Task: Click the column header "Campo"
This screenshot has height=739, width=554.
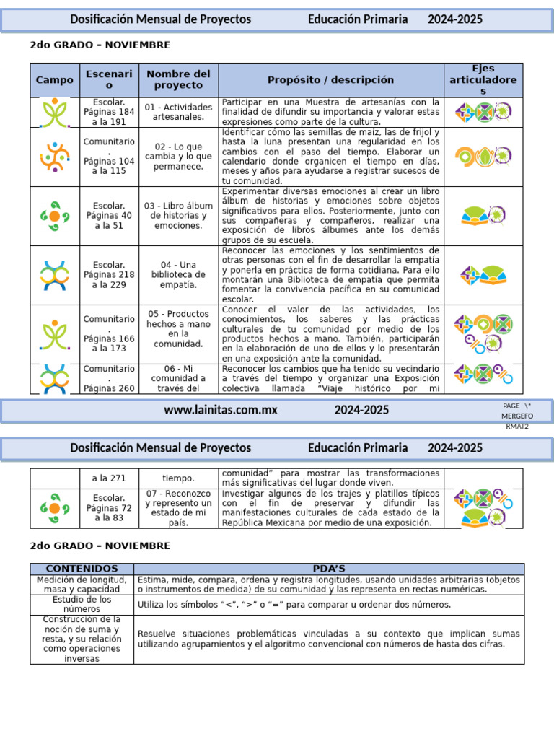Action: point(54,80)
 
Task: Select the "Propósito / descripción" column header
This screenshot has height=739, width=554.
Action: point(330,80)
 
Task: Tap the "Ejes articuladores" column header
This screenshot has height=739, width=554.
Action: point(483,80)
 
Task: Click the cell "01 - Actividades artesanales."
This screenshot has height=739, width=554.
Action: point(178,112)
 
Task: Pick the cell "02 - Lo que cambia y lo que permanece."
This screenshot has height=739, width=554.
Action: point(178,157)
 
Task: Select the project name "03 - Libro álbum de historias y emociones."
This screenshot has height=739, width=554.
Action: point(178,216)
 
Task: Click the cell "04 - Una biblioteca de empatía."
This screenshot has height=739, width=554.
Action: point(178,275)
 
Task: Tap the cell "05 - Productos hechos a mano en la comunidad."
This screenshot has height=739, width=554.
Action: point(178,329)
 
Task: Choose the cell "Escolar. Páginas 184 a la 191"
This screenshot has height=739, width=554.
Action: point(109,112)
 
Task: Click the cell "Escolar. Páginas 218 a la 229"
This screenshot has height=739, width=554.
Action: point(109,275)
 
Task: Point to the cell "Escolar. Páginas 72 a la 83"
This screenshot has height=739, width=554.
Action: point(109,508)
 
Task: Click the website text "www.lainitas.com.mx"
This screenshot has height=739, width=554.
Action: point(221,410)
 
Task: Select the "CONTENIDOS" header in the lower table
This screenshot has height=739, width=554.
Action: point(82,569)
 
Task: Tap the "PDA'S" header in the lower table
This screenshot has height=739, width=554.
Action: point(329,569)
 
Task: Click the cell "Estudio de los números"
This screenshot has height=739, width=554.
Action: point(82,605)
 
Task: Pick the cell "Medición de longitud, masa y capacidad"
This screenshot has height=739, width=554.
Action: point(82,585)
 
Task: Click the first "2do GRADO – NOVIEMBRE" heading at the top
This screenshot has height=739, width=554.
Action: point(100,45)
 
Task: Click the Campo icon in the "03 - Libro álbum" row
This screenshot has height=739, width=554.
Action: point(54,216)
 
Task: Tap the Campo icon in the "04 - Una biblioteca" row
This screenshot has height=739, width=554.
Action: point(54,275)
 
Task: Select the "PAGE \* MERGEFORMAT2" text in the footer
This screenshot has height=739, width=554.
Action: point(517,416)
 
